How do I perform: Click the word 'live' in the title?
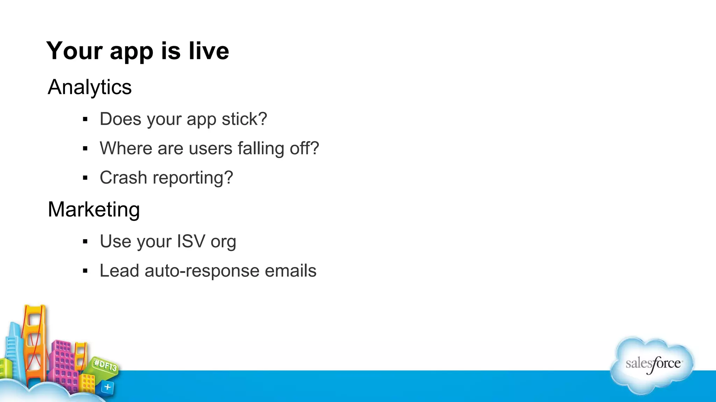coord(209,51)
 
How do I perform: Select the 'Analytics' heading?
coord(90,87)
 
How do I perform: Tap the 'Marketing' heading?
coord(94,209)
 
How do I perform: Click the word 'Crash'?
coord(123,178)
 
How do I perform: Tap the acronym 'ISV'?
coord(191,241)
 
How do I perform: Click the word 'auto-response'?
coord(202,271)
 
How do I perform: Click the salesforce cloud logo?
coord(652,364)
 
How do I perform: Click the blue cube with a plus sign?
coord(107,387)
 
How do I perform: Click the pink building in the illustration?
coord(63,363)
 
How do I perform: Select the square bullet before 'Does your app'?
coord(85,119)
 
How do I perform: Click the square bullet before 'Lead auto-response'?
coord(85,271)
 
